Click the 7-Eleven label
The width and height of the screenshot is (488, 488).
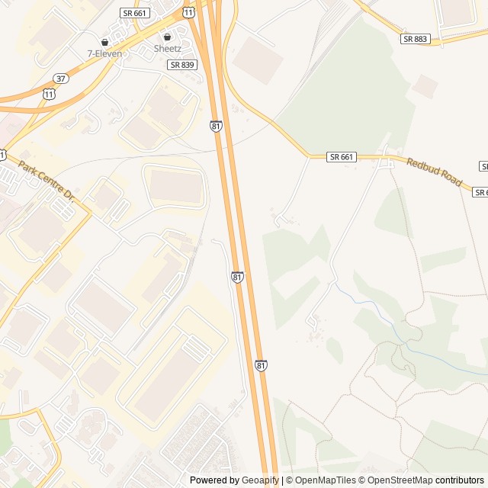point(104,53)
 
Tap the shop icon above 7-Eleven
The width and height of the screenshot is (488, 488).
point(104,42)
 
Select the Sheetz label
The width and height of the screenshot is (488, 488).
point(168,48)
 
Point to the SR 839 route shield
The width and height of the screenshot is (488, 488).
point(182,65)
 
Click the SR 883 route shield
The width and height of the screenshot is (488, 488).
point(415,39)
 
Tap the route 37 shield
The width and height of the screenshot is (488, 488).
point(60,79)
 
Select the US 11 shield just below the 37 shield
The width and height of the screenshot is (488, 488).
point(50,93)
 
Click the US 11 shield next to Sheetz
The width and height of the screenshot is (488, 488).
point(188,12)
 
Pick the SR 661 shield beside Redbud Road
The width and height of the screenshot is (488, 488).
point(342,157)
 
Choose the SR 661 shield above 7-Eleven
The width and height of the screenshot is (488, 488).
point(136,13)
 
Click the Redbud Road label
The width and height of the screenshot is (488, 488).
point(435,172)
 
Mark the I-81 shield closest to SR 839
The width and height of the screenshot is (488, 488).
point(217,126)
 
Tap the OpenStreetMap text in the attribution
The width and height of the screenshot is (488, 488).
point(396,480)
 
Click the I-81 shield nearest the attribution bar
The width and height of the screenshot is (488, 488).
point(262,366)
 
